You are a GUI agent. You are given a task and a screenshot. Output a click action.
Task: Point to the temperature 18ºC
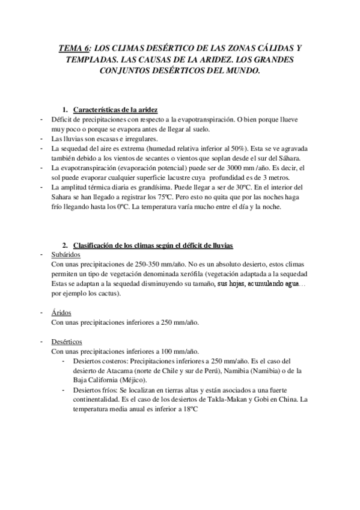click(188, 408)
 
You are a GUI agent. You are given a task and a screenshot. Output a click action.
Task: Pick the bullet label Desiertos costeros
click(97, 361)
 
